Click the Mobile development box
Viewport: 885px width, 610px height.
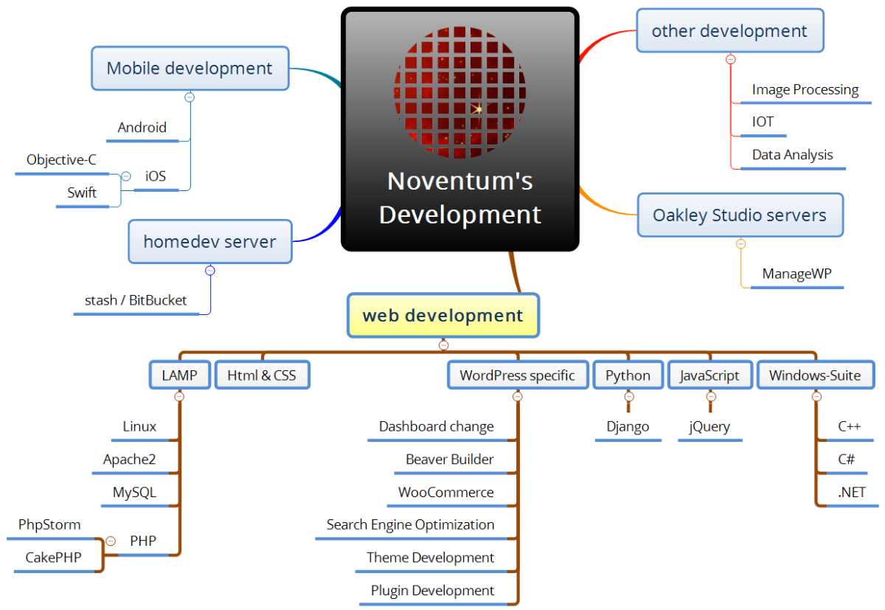click(190, 69)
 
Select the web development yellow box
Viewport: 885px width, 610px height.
click(443, 315)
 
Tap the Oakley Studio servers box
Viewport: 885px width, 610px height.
click(740, 215)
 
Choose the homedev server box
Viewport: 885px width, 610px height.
click(210, 241)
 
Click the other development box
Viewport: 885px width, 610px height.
click(730, 30)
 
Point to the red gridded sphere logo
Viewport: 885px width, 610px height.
click(459, 92)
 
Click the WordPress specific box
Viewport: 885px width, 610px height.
click(518, 375)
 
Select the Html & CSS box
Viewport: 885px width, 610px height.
click(263, 375)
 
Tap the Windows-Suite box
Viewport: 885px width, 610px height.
click(816, 375)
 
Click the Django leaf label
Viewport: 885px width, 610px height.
click(628, 426)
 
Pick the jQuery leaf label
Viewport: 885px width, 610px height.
click(709, 426)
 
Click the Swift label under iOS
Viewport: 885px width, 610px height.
click(82, 193)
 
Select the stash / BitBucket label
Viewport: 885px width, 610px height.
click(136, 300)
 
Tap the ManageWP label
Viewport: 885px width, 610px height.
click(797, 274)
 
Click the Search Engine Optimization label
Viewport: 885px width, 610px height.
click(411, 524)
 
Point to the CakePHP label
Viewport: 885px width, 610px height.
click(53, 558)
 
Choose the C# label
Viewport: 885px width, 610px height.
click(847, 459)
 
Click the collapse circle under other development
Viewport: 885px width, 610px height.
click(731, 60)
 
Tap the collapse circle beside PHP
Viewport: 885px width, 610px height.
click(111, 541)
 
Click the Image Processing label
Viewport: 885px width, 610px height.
click(805, 90)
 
